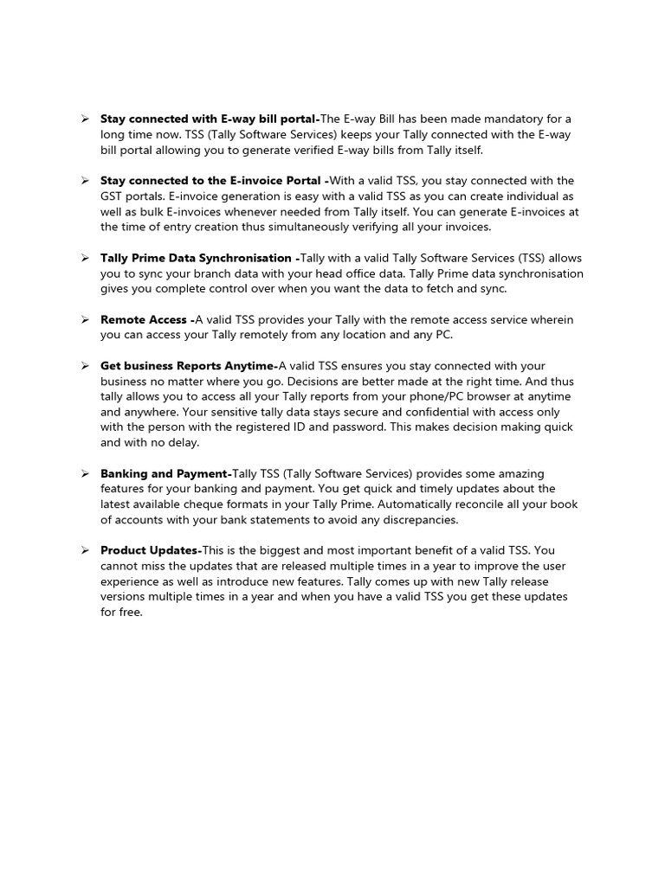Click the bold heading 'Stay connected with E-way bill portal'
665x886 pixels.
(210, 119)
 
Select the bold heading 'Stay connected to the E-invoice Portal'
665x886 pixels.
(212, 181)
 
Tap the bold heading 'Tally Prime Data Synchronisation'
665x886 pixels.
(198, 259)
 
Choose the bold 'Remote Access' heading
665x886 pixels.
(145, 320)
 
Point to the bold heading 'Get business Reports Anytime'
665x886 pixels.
(188, 367)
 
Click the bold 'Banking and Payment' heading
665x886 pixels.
(165, 474)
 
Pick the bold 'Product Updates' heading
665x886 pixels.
(150, 551)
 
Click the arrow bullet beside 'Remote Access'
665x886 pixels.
(86, 320)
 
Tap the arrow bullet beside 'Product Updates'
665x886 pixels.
(86, 551)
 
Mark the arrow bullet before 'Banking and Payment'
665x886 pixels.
(86, 474)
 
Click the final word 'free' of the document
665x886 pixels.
(130, 613)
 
